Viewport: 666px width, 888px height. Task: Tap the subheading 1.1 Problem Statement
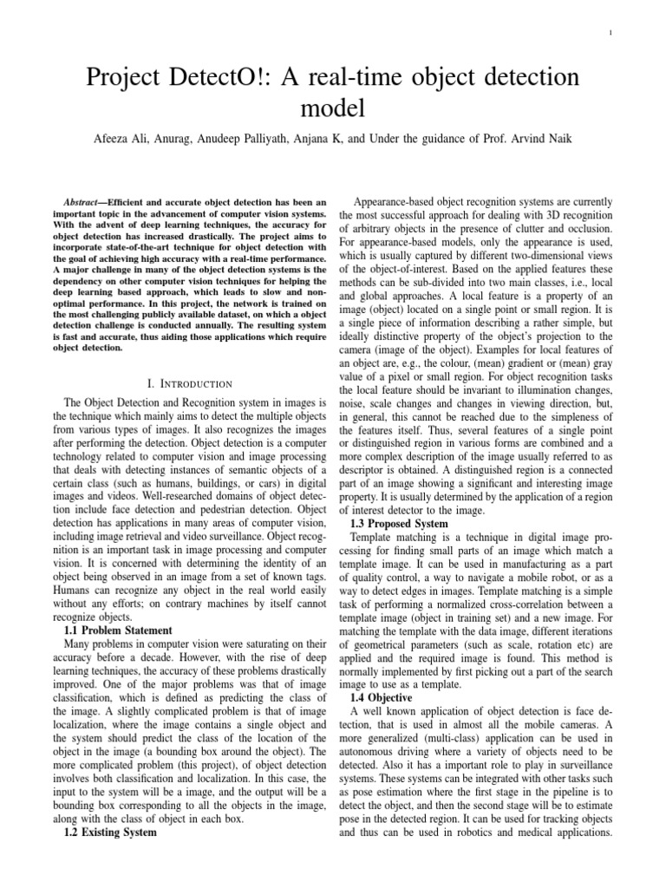click(119, 630)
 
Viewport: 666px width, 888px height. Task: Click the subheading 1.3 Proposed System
click(399, 524)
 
